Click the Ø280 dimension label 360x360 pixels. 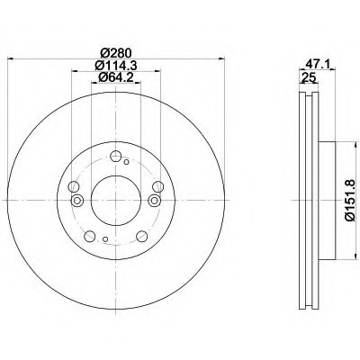[116, 53]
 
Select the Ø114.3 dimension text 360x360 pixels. [116, 65]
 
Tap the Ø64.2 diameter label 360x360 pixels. [115, 77]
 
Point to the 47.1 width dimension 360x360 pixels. [318, 64]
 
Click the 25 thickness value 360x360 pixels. [309, 77]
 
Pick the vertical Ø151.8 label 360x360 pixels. [350, 200]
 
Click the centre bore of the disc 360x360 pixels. [116, 200]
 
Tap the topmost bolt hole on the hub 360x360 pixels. [115, 157]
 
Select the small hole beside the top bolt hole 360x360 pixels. [126, 162]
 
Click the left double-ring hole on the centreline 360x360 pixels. [77, 200]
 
